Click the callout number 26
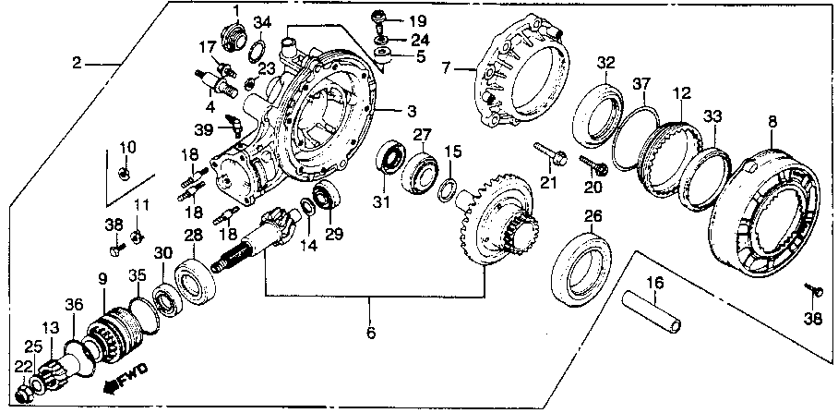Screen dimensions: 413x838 click(592, 217)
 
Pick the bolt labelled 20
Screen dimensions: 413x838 click(592, 165)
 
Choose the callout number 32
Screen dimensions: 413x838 click(605, 62)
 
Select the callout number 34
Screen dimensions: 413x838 click(262, 22)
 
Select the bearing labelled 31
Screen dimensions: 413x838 click(389, 159)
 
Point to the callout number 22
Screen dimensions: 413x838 click(19, 367)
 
